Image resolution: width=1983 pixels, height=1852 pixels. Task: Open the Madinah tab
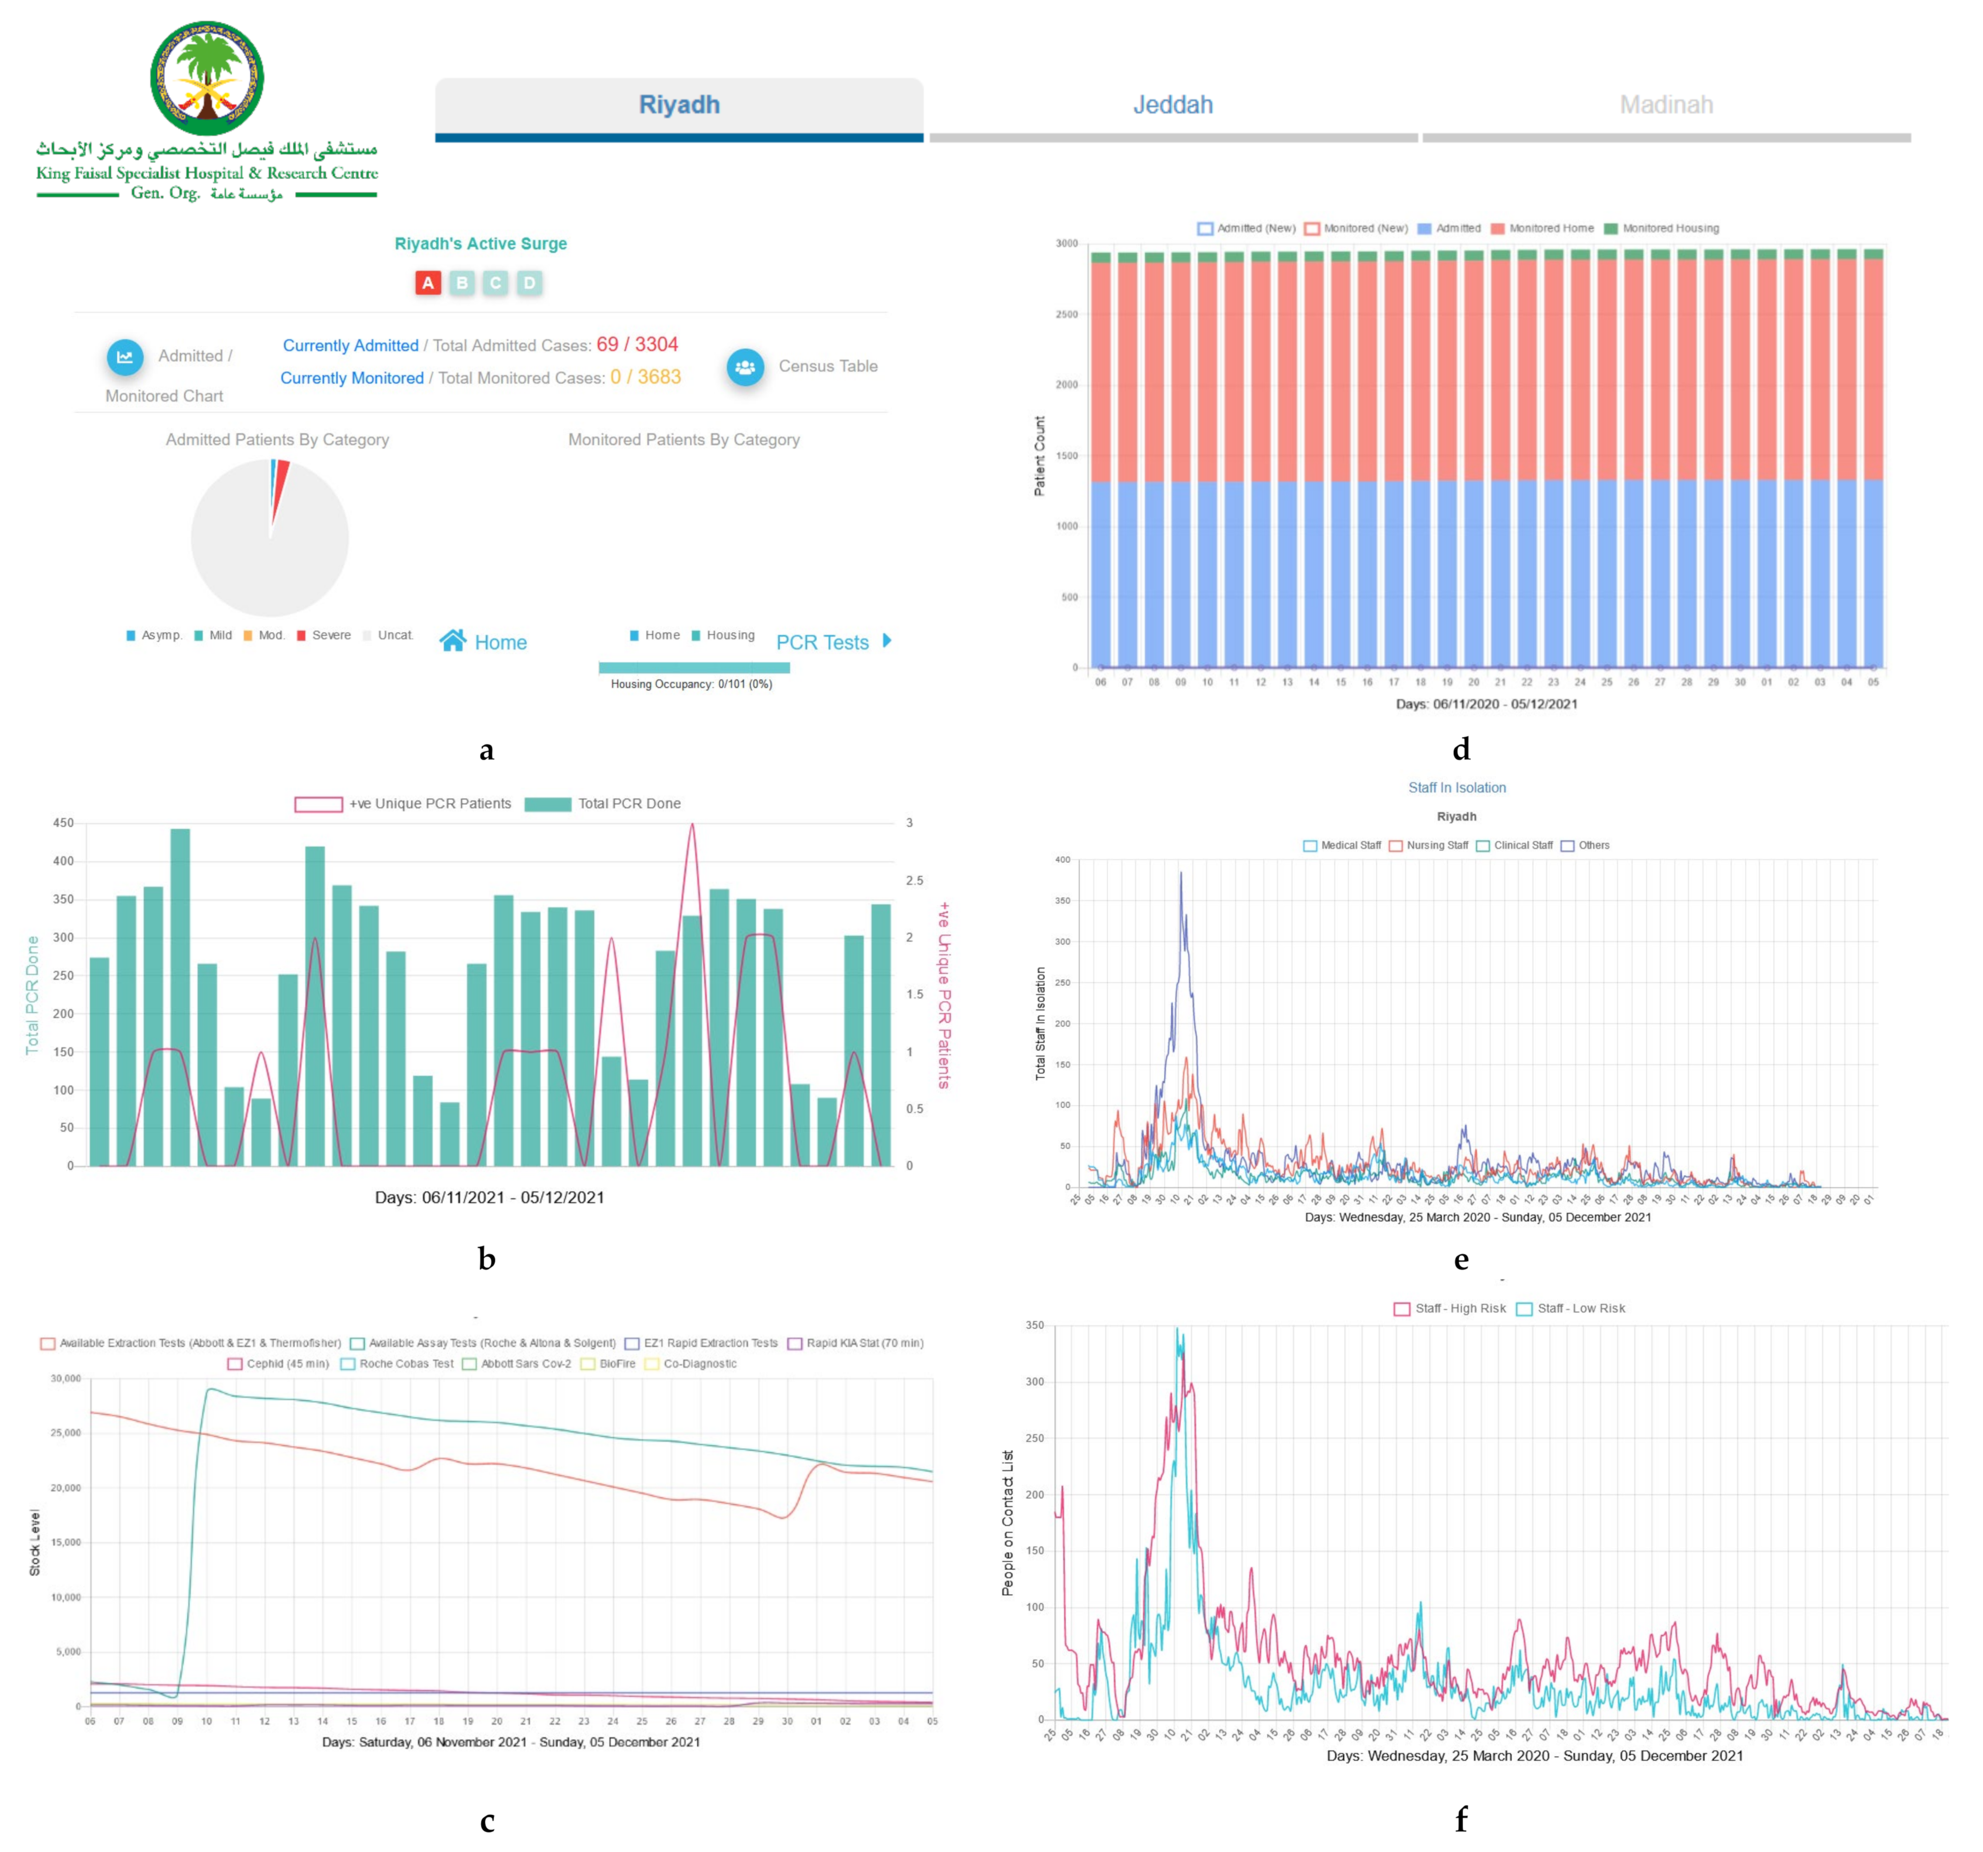point(1666,105)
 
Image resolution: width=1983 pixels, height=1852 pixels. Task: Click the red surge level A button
point(428,283)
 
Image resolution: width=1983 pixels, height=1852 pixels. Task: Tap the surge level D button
point(530,283)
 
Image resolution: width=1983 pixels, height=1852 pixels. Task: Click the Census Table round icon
point(745,367)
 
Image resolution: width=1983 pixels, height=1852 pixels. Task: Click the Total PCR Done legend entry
point(604,804)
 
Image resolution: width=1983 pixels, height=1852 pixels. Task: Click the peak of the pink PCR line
point(692,826)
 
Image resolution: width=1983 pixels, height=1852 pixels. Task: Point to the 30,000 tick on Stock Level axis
point(66,1378)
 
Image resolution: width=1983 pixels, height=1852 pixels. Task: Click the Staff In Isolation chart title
point(1457,788)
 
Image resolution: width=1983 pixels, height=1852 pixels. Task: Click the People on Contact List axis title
point(1008,1523)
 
